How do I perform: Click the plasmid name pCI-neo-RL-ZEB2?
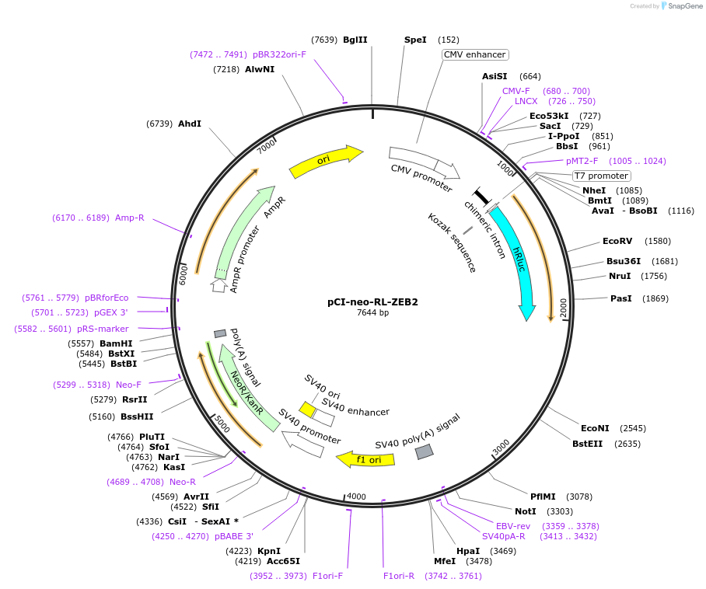coord(372,302)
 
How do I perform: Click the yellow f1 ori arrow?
coord(365,459)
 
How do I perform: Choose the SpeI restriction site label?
coord(415,40)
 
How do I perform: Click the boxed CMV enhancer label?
coord(475,55)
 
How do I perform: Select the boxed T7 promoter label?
coord(601,176)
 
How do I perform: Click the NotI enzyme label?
coord(526,511)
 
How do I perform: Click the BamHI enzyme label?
coord(116,343)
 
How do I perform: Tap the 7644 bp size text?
coord(372,312)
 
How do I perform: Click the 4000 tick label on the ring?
coord(355,497)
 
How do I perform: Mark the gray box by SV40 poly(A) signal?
coord(424,451)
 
